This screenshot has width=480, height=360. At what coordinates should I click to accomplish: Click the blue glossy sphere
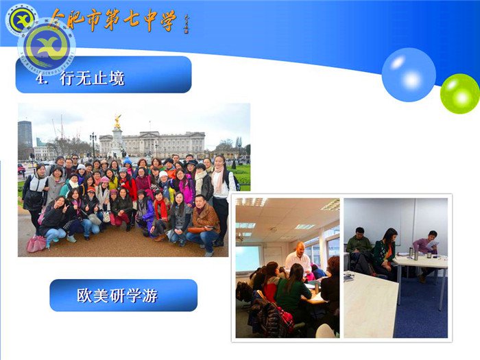point(409,75)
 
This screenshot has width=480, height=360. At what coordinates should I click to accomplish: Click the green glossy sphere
point(459,93)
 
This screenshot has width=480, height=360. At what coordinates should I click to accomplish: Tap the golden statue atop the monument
point(117,121)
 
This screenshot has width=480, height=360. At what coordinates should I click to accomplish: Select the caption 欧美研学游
point(117,296)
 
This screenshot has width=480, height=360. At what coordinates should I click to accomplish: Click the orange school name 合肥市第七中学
point(113,21)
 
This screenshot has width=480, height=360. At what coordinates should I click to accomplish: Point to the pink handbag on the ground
point(36,243)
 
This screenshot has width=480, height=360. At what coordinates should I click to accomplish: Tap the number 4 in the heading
point(40,79)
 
